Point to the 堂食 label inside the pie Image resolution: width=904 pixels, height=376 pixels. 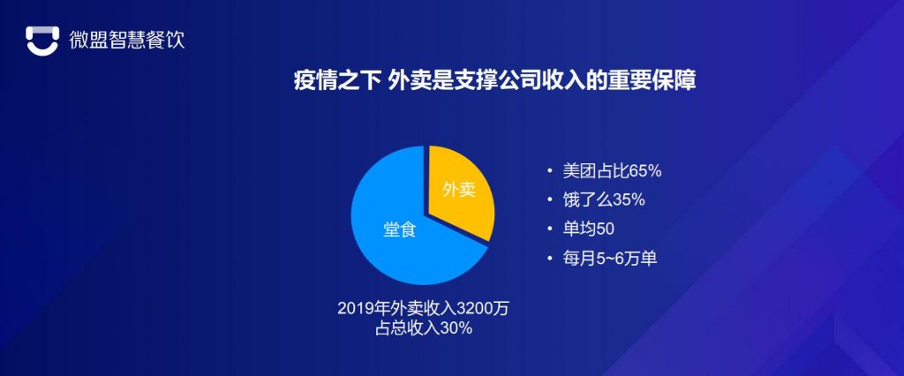tap(399, 229)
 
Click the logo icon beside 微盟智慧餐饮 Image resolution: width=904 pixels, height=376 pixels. tap(41, 40)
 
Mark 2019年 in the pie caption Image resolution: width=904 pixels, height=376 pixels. tap(360, 310)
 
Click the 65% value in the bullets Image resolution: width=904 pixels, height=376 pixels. tap(644, 170)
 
